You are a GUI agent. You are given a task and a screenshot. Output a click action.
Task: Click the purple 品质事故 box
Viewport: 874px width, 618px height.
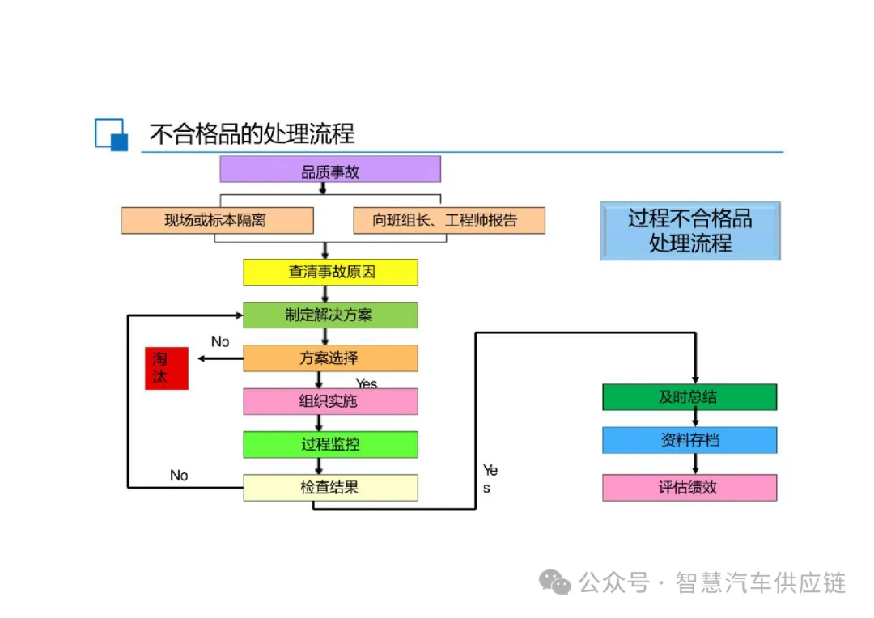(330, 169)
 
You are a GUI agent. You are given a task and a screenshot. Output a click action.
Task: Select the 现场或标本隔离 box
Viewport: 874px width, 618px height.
(217, 220)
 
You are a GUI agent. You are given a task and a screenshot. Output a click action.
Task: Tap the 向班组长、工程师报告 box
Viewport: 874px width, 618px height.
(448, 220)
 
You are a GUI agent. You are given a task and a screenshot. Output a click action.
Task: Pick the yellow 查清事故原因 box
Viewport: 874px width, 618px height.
(330, 272)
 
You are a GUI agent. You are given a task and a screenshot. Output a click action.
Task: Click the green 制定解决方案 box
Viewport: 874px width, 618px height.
(330, 315)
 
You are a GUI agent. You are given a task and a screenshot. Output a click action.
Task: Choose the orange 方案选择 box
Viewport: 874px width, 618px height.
(330, 358)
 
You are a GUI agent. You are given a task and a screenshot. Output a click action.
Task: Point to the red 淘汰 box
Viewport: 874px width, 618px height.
(167, 368)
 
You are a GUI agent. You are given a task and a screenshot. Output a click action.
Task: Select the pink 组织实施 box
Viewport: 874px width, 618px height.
(330, 401)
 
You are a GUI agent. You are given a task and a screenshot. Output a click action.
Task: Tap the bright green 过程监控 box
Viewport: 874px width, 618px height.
(330, 444)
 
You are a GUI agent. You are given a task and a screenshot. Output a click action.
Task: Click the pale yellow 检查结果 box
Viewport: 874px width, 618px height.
(330, 487)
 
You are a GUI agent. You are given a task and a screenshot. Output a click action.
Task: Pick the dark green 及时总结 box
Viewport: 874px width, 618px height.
(689, 397)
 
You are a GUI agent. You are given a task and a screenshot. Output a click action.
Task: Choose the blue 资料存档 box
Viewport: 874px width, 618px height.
(689, 440)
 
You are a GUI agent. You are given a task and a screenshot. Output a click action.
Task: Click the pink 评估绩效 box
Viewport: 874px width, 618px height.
(689, 487)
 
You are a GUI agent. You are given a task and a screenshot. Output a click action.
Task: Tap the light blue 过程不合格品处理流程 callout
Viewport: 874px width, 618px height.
(690, 231)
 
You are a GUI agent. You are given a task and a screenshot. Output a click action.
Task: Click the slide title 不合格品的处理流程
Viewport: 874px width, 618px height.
(252, 133)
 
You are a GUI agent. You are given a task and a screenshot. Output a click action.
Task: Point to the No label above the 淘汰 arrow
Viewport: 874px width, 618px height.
(220, 341)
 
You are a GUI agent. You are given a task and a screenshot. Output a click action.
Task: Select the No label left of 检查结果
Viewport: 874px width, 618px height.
(179, 475)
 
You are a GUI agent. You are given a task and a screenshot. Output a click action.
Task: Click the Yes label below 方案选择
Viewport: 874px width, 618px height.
(367, 383)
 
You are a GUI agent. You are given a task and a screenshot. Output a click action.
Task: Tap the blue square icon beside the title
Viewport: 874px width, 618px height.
(112, 134)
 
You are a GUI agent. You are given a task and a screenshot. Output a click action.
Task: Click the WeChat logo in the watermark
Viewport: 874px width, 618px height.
(556, 582)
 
